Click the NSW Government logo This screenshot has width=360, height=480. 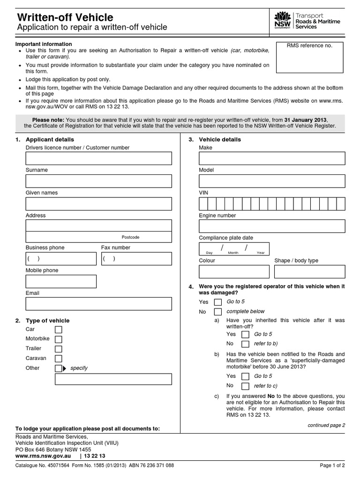coord(283,21)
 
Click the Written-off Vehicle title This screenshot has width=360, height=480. coord(65,17)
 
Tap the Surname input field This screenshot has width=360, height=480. coord(98,181)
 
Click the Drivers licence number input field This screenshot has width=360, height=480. coord(98,158)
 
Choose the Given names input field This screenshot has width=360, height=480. coord(98,203)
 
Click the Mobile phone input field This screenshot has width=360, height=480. coord(61,281)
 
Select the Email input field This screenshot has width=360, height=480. coord(98,304)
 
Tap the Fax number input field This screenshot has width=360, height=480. coord(136,259)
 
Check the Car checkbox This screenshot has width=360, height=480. coord(59,330)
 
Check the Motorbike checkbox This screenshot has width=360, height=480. coord(59,339)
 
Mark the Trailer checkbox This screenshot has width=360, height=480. coord(59,349)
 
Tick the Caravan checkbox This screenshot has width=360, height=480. coord(59,359)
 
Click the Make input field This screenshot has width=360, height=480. coord(272,158)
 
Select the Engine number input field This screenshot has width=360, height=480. coord(272,226)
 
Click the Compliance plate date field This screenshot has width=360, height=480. coord(234,248)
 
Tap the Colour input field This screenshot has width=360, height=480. coord(234,271)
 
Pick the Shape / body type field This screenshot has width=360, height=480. coord(309,271)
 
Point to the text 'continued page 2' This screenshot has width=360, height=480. coord(326,425)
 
